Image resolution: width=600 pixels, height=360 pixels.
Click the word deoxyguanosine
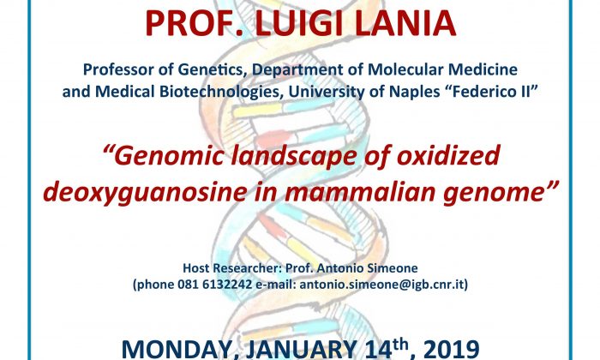click(x=145, y=193)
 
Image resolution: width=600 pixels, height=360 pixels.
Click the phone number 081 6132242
click(x=214, y=285)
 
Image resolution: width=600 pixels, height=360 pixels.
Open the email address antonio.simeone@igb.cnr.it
click(x=382, y=285)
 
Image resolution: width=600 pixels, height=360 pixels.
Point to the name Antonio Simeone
click(x=367, y=267)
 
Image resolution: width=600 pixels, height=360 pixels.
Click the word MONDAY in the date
click(x=179, y=350)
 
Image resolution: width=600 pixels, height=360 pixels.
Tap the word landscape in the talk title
click(x=294, y=156)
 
